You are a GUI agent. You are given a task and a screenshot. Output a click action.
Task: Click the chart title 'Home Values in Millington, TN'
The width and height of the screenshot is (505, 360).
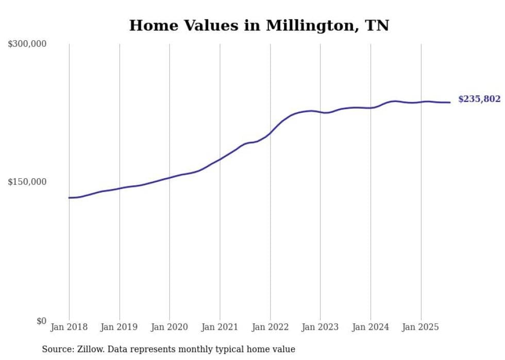259,25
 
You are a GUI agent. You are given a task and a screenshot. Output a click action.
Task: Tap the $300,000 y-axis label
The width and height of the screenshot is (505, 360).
27,44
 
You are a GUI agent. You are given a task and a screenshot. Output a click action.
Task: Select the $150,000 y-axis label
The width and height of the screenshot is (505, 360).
27,182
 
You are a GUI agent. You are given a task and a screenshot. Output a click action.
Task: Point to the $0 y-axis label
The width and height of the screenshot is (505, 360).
41,321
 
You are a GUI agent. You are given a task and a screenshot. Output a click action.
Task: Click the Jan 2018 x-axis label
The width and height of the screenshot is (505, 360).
69,327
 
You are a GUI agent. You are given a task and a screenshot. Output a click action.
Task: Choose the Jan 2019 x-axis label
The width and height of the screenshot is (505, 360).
120,327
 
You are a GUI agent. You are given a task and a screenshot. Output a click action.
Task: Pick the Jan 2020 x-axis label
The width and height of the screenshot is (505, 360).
170,327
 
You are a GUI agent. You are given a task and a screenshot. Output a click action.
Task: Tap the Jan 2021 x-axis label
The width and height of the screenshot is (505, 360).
220,327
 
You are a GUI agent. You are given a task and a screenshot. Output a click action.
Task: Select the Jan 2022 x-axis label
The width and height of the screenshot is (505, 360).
270,327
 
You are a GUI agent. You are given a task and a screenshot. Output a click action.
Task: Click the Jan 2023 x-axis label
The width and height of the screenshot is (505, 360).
320,327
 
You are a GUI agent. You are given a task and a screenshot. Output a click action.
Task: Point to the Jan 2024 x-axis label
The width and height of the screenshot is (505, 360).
371,327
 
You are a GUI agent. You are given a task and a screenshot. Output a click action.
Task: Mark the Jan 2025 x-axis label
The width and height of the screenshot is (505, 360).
420,327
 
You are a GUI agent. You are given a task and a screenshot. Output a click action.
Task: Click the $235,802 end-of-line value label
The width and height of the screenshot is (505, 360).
479,99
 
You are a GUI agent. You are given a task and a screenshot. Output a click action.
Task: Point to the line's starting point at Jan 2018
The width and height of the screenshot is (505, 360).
69,198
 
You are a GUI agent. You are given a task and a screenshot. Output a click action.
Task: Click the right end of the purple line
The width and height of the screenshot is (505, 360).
450,102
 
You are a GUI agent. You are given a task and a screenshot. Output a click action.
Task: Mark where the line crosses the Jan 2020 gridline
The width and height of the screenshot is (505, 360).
170,178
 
